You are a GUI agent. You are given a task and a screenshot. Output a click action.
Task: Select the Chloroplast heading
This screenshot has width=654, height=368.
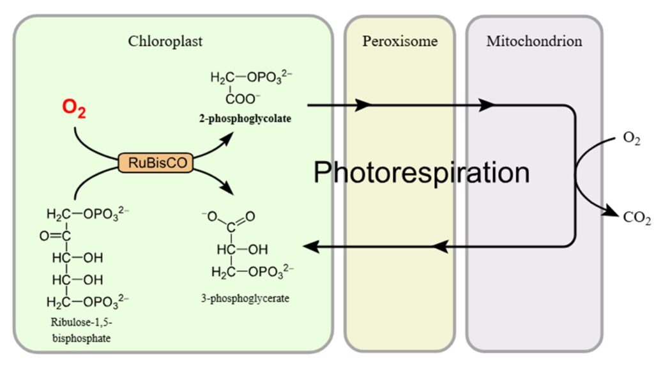tap(165, 42)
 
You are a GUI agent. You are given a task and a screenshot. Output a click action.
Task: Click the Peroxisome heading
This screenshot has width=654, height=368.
tap(400, 42)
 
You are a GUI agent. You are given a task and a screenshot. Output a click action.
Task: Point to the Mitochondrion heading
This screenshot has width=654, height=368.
tap(534, 42)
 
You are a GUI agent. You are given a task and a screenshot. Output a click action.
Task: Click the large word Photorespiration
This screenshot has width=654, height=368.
tap(422, 172)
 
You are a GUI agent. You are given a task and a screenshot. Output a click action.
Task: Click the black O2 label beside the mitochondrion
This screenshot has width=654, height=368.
tap(632, 139)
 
